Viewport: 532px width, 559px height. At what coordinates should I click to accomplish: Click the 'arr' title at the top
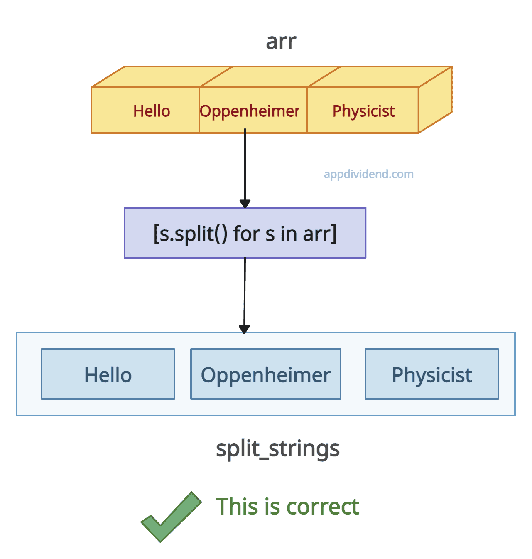point(281,42)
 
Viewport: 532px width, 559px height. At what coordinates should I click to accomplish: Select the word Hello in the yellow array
point(152,111)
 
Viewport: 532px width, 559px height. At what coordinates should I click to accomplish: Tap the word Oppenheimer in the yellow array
point(250,111)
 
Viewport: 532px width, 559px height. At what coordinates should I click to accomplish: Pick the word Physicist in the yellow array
point(363,111)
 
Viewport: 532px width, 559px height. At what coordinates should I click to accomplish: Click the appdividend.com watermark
point(368,174)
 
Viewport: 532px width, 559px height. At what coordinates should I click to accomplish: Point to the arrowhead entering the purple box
point(245,204)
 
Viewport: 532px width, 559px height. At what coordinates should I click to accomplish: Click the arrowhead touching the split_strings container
point(244,329)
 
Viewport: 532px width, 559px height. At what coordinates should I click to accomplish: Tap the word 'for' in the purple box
point(246,234)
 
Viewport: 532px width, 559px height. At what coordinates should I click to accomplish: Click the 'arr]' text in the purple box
point(320,234)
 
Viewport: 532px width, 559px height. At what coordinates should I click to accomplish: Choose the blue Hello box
point(108,374)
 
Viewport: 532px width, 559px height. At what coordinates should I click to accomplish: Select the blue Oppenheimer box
point(266,374)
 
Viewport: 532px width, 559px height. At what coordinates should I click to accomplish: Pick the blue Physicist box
point(432,374)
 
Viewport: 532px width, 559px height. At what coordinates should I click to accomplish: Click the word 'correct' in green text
point(323,507)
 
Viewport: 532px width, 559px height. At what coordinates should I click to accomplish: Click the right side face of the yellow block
point(435,100)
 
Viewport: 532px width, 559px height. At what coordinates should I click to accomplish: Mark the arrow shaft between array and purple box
point(245,166)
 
